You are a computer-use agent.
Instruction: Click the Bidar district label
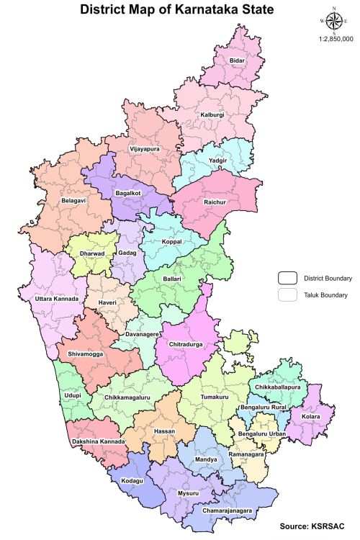[237, 61]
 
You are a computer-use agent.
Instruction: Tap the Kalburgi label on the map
[212, 114]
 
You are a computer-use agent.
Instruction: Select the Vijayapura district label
[144, 149]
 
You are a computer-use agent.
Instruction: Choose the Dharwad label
[91, 254]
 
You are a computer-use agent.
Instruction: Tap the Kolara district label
[311, 417]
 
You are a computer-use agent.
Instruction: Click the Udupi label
[73, 396]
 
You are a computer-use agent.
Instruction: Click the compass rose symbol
[334, 22]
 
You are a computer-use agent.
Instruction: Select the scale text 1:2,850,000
[335, 39]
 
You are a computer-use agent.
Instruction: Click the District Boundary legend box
[289, 278]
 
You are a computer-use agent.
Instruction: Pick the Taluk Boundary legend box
[289, 294]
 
